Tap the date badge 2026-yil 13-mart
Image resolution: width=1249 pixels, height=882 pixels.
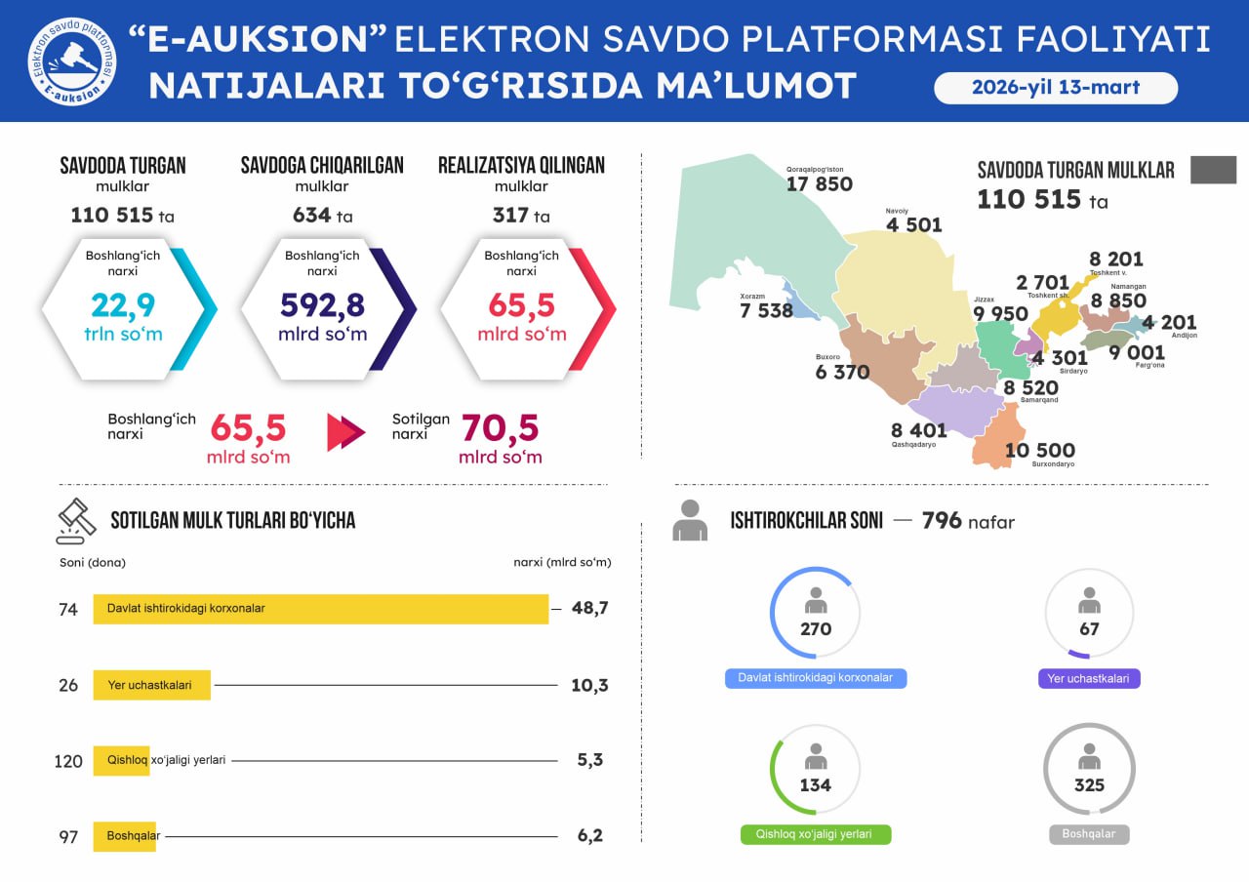[1056, 88]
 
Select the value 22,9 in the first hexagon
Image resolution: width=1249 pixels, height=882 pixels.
[123, 305]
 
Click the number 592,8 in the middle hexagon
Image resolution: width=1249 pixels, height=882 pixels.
[322, 305]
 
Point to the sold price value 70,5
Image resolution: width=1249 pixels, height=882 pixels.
[500, 428]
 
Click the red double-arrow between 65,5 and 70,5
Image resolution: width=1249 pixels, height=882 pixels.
[345, 432]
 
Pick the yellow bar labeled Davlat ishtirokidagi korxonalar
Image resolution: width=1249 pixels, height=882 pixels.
[320, 609]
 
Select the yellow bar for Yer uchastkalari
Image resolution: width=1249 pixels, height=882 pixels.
[151, 685]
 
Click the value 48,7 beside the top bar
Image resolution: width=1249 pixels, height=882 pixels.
[589, 608]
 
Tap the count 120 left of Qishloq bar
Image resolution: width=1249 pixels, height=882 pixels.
[68, 761]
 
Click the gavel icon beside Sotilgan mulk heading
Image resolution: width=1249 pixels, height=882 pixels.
[76, 521]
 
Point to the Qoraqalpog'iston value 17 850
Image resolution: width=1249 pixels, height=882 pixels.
[819, 184]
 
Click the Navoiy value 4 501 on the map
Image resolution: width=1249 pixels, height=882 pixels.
[913, 225]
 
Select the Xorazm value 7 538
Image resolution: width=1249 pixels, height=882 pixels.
[766, 311]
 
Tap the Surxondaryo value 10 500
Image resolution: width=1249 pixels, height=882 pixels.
[1039, 450]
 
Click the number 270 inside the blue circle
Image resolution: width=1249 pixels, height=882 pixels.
[815, 629]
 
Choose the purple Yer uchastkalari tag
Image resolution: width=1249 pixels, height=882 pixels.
[1089, 678]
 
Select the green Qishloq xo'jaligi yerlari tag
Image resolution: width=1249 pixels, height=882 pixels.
[815, 835]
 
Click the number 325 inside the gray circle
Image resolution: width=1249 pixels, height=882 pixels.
[1089, 785]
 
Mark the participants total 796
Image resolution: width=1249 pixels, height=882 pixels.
[942, 520]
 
